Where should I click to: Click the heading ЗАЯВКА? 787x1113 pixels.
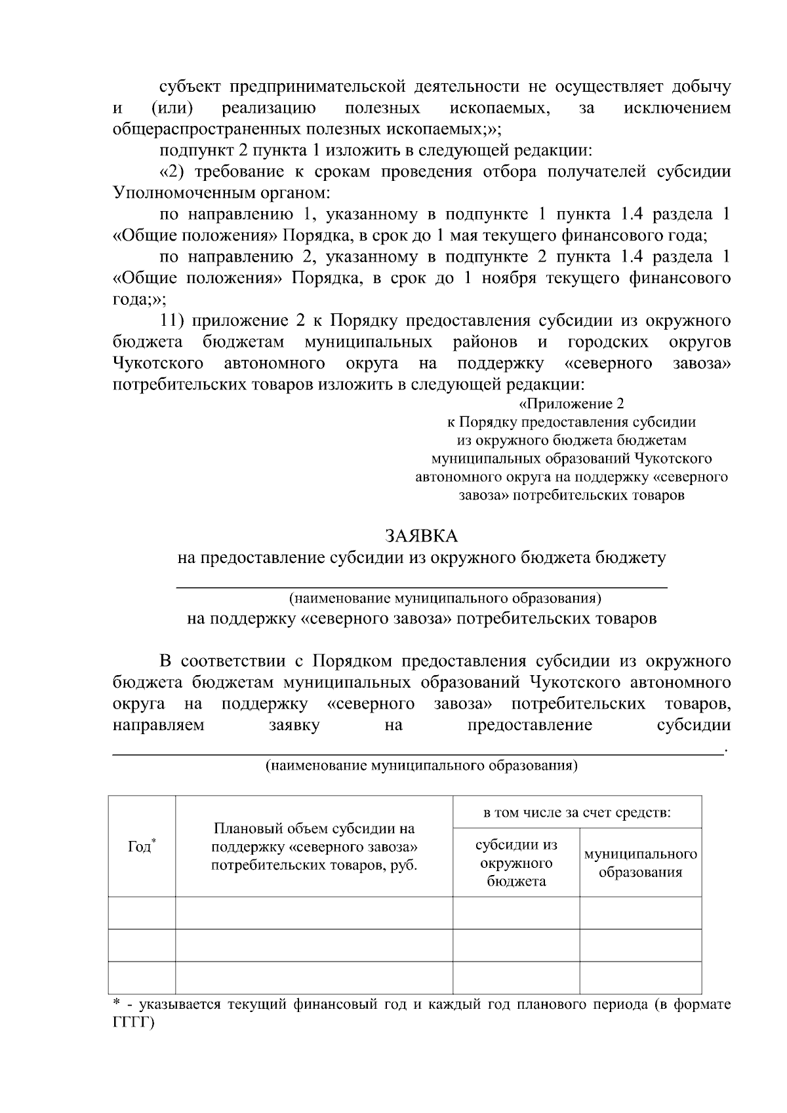[x=421, y=536]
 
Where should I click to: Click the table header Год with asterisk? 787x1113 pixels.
[x=142, y=846]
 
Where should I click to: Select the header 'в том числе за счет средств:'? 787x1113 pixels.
[x=576, y=813]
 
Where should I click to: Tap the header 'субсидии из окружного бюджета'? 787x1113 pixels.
[x=516, y=863]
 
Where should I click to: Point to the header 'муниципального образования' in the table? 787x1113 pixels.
[x=640, y=863]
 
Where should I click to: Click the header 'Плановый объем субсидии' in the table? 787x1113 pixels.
[x=314, y=846]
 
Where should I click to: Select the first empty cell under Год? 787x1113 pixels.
[x=142, y=912]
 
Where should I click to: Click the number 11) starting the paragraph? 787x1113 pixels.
[x=174, y=321]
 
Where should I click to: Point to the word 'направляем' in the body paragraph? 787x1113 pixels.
[x=158, y=725]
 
